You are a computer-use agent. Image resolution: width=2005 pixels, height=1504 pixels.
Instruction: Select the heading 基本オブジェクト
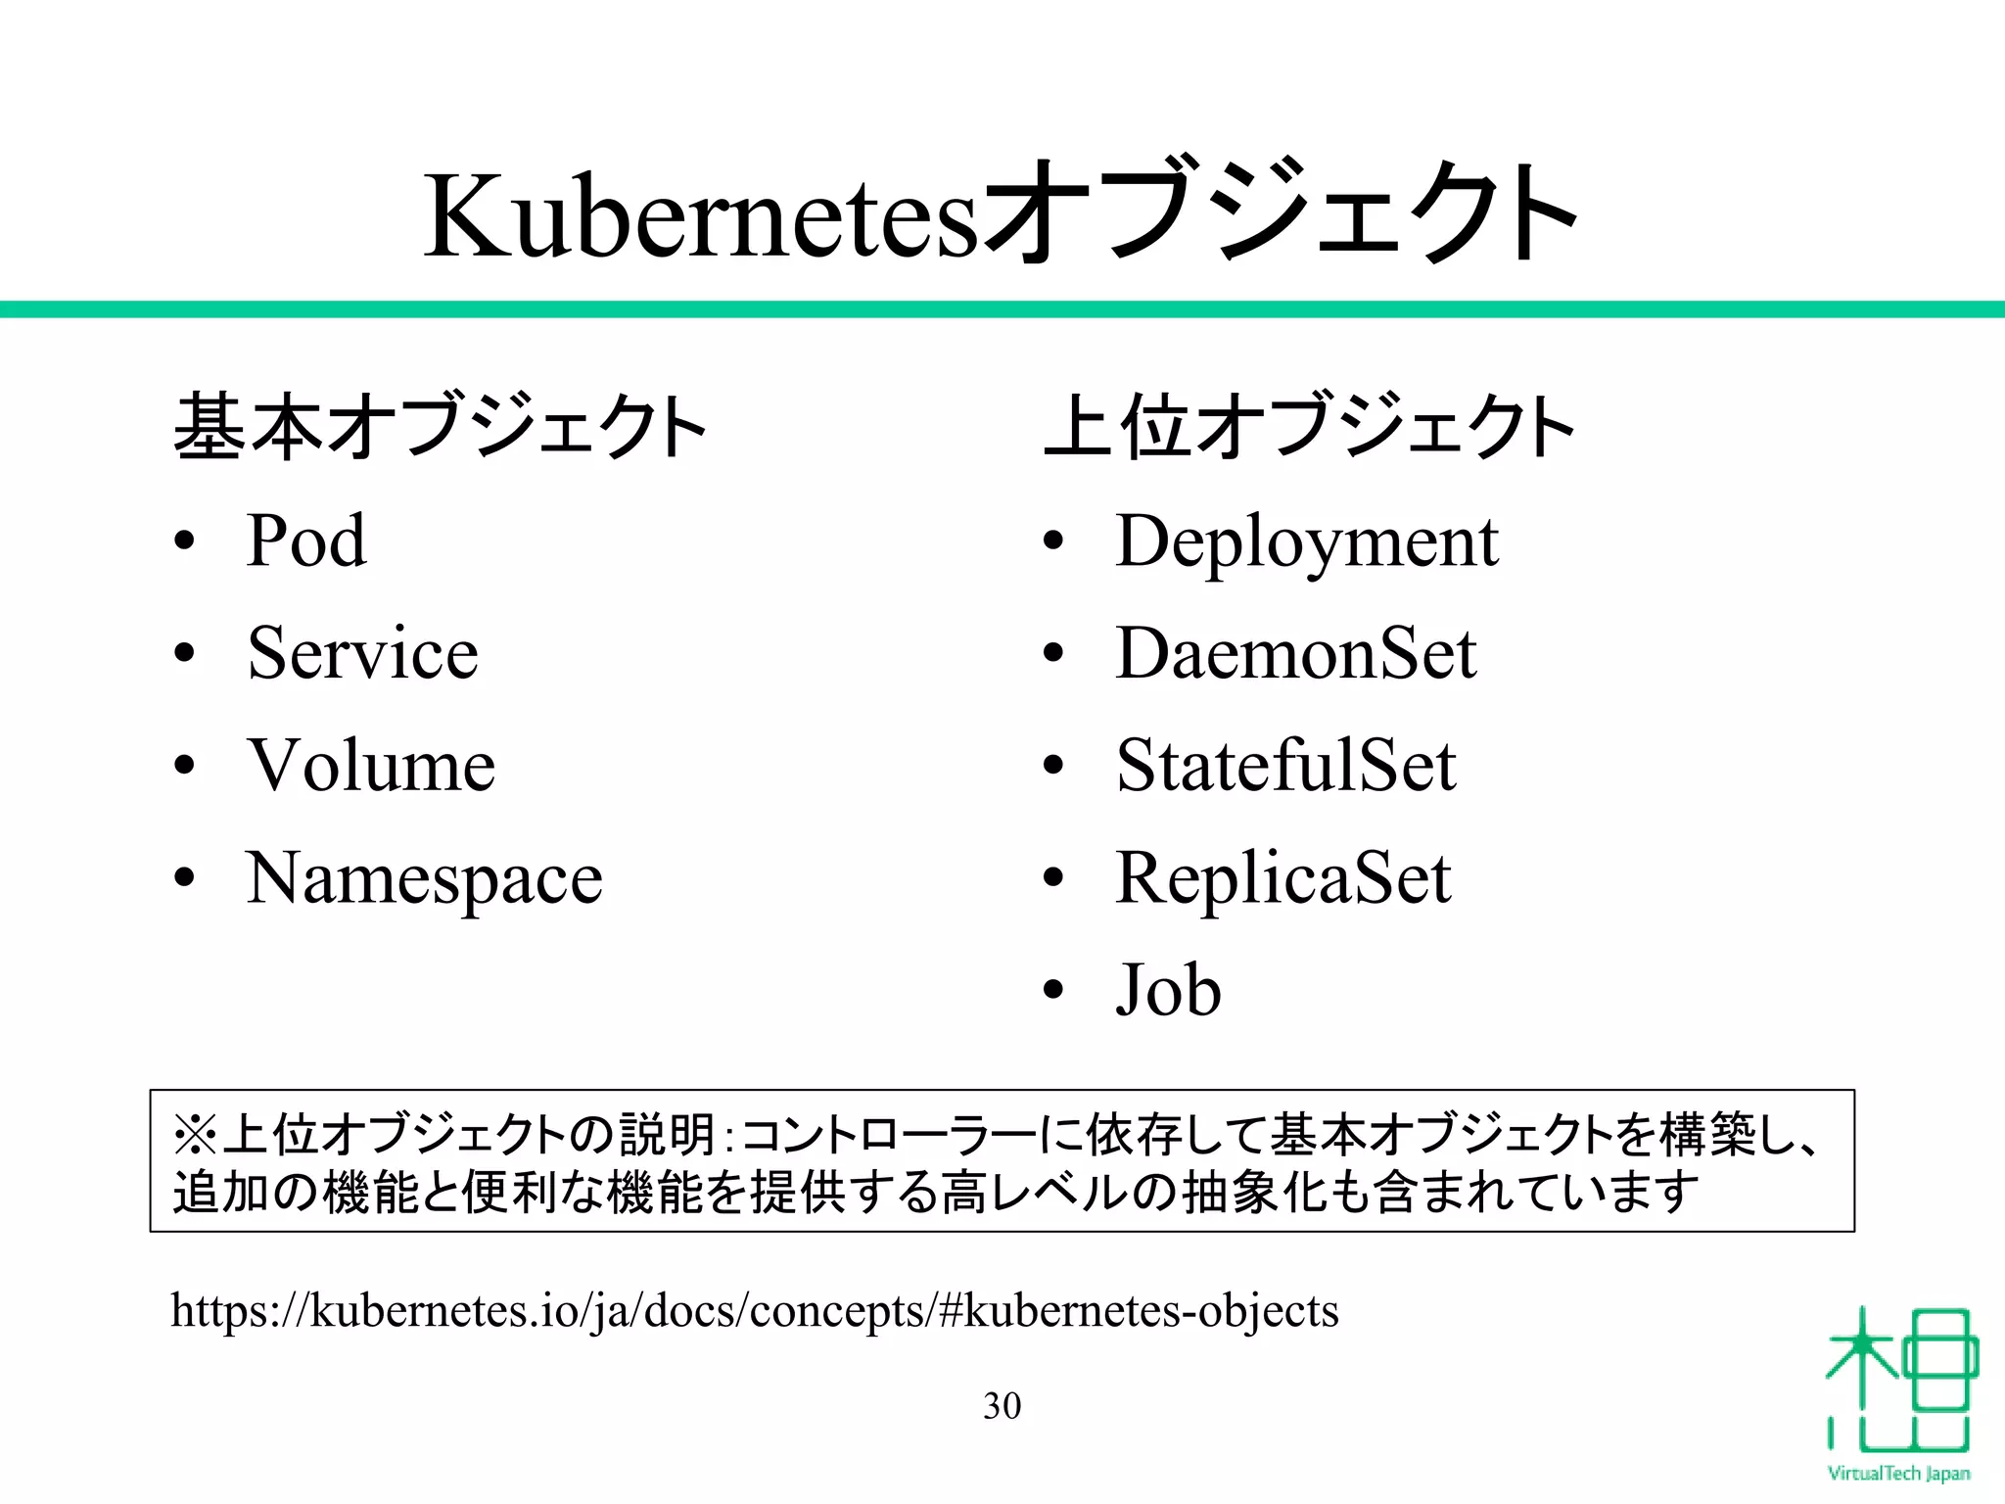tap(439, 427)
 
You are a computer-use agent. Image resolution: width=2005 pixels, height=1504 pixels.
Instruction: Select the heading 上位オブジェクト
tap(1309, 427)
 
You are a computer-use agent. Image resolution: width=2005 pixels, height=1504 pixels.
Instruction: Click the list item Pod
tap(306, 540)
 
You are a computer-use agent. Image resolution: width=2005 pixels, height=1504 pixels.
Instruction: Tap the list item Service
tap(362, 653)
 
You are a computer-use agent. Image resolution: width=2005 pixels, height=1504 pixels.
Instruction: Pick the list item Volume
tap(371, 765)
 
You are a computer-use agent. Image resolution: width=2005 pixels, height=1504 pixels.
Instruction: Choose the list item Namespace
tap(424, 878)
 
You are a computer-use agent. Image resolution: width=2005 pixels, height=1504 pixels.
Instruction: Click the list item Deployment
tap(1307, 541)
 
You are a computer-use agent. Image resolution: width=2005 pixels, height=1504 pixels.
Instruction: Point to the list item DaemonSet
tap(1295, 653)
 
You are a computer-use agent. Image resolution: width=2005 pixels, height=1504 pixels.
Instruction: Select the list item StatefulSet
tap(1285, 765)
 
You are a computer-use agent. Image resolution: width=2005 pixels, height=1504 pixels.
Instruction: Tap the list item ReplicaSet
tap(1283, 877)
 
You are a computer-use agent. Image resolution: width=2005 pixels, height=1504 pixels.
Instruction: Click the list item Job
tap(1168, 990)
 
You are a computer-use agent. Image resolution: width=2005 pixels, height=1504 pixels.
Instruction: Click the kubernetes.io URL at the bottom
tap(754, 1310)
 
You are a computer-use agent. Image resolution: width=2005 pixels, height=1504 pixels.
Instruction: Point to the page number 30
tap(1002, 1406)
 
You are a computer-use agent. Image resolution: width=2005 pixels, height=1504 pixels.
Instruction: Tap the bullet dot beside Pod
tap(184, 541)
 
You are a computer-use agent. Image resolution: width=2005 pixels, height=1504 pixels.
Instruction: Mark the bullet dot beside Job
tap(1052, 990)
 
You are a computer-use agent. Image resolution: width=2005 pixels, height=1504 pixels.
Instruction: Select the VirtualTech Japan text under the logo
tap(1898, 1474)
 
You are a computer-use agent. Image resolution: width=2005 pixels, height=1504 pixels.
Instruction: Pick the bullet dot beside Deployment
tap(1052, 541)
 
